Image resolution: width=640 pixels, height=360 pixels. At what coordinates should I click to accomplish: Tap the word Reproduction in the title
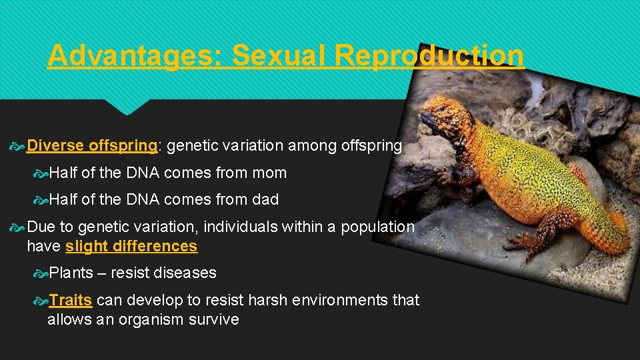coord(429,55)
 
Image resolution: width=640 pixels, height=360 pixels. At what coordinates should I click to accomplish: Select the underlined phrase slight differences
coord(131,246)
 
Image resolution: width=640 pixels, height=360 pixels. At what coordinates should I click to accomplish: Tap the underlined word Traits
coord(70,300)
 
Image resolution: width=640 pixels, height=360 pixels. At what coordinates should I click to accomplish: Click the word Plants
coord(71,273)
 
